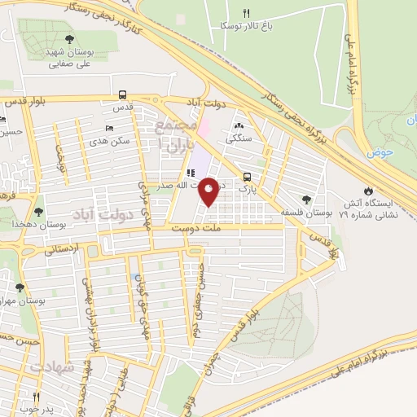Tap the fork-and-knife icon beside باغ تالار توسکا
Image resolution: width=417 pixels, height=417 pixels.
tap(247, 13)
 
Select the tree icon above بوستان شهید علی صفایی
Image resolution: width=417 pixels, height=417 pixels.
tap(68, 39)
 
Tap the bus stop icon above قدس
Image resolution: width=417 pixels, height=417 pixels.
tap(122, 94)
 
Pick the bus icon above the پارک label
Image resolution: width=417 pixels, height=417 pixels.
tap(247, 177)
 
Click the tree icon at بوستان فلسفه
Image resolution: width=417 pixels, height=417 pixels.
tap(306, 200)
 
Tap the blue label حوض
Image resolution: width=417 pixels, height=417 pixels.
tap(380, 152)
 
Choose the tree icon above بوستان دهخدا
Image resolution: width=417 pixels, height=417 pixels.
tap(38, 212)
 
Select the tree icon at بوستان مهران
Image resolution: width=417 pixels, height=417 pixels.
tap(20, 288)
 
